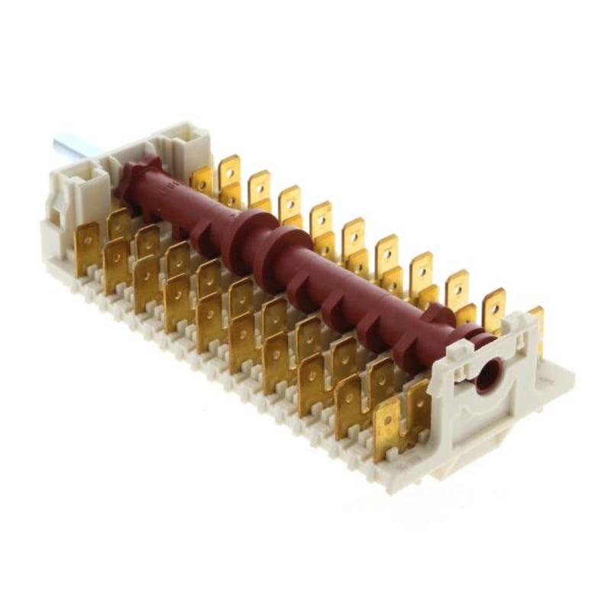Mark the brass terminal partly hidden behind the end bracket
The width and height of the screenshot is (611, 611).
[537, 321]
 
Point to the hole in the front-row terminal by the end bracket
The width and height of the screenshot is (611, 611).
[386, 419]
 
